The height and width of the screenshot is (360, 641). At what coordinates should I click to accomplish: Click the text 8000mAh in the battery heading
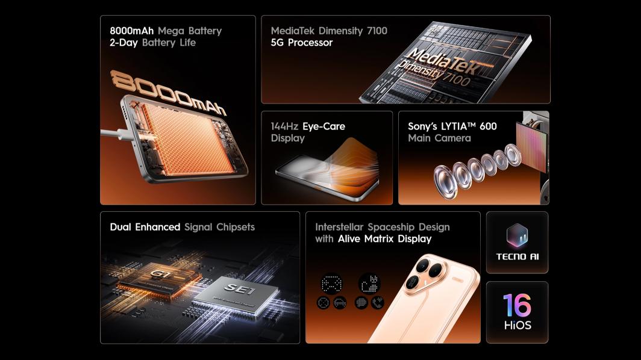coord(131,31)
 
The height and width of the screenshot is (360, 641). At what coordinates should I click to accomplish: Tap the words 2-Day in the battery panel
coord(124,43)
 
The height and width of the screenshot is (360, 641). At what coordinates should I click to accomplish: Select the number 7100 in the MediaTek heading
coord(377,31)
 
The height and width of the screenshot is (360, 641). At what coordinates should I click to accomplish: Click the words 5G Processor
coord(302,43)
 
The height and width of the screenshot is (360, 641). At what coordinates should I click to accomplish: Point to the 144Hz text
coord(284,126)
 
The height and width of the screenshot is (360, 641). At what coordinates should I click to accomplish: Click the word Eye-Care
coord(324,126)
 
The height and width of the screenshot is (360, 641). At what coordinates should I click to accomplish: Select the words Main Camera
coord(439,138)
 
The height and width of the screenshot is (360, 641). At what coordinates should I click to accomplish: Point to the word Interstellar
coord(339,227)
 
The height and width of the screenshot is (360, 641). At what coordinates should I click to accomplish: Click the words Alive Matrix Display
coord(385,238)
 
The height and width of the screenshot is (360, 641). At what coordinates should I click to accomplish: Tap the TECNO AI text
coord(517,256)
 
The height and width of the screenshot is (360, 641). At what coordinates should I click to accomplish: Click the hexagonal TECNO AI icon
coord(517,235)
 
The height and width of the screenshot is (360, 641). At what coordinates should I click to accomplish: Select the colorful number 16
coord(517,305)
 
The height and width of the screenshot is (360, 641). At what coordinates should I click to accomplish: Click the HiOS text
coord(517,325)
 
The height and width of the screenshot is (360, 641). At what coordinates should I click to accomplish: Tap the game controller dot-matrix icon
coord(332,283)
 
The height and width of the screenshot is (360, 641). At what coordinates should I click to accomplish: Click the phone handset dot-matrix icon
coord(378,303)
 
